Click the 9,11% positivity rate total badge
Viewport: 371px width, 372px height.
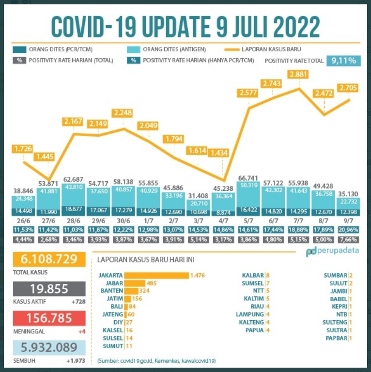(x=344, y=61)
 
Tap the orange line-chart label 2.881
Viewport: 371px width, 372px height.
(x=299, y=75)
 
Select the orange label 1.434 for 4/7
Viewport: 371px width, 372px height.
(x=220, y=153)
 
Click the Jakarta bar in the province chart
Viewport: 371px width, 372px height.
(x=156, y=275)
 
